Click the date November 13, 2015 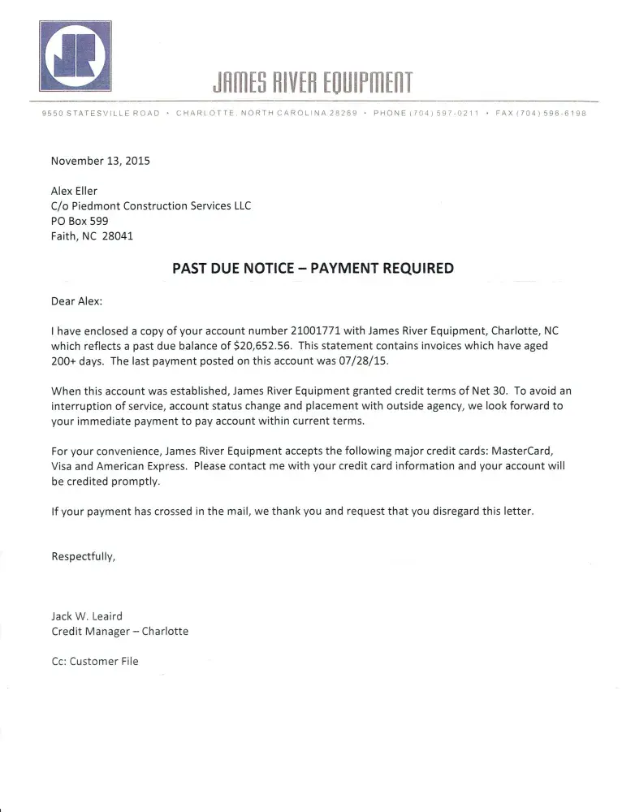click(101, 161)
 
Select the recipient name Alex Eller click(74, 191)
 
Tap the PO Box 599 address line click(80, 221)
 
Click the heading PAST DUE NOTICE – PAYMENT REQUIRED click(313, 268)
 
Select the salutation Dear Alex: click(77, 300)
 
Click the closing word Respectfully click(83, 556)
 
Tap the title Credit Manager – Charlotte click(119, 631)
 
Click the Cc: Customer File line click(95, 661)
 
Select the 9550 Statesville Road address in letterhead click(101, 113)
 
